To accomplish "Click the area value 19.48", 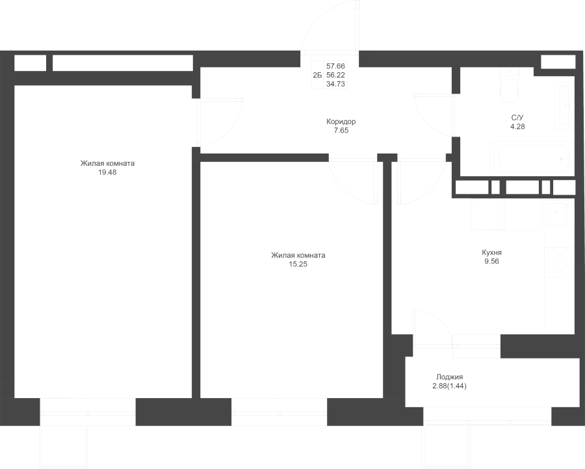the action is [107, 172].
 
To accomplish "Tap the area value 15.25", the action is [298, 264].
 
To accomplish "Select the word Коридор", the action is [341, 122].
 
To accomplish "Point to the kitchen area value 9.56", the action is [492, 261].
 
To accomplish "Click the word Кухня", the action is [492, 252].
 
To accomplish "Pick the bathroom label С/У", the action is [517, 118].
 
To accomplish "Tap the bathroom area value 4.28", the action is [517, 127].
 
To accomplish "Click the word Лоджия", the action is [450, 377].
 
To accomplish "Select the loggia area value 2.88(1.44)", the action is [450, 386].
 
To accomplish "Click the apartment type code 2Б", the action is [317, 75].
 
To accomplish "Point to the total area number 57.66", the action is [336, 66].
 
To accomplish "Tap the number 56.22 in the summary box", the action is [336, 75].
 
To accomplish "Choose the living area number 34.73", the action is [336, 84].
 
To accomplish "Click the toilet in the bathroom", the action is [508, 86].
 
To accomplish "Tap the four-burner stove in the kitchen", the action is [560, 262].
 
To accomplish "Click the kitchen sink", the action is [558, 214].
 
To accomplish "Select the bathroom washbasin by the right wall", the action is [564, 105].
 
